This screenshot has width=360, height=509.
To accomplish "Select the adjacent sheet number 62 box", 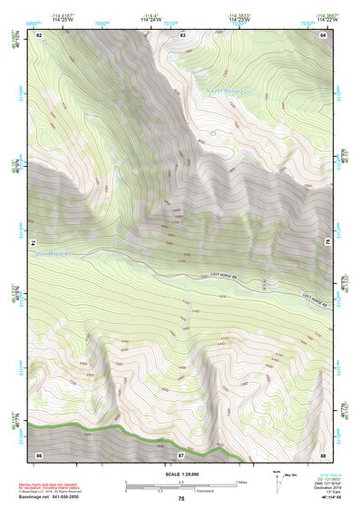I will [x=39, y=34].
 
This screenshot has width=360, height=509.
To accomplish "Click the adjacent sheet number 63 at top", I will [x=182, y=34].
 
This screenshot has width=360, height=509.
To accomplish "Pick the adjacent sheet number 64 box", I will [x=323, y=34].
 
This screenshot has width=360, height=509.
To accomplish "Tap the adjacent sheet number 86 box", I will [x=39, y=453].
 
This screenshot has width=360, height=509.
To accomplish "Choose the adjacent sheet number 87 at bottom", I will [x=180, y=453].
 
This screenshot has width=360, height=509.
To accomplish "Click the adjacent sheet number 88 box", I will [x=323, y=453].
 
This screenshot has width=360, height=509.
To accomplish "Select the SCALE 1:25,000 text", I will [x=180, y=475].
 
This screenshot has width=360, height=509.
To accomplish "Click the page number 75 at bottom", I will [x=180, y=499].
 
